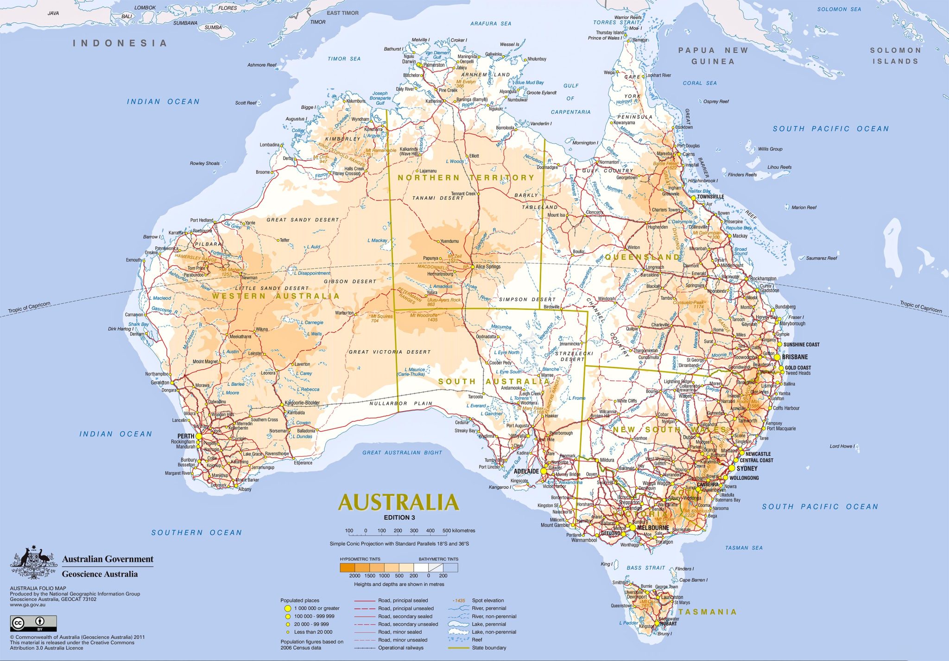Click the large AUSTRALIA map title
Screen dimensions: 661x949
399,502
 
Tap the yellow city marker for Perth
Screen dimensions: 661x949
199,436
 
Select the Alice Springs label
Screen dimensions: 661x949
488,267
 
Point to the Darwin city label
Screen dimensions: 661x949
409,62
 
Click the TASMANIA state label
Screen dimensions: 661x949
707,612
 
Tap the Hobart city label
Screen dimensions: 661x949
669,623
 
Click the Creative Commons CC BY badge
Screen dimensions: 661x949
33,623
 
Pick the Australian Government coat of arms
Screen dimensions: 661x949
33,562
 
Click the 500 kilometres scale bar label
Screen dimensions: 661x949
458,530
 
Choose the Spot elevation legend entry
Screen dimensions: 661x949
487,600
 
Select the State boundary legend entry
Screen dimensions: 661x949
489,648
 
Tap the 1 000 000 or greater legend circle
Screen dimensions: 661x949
288,608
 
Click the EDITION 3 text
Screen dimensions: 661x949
399,517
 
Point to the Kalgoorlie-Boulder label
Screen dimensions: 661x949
302,403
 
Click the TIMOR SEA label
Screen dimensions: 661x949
344,59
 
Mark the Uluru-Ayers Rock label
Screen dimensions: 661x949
444,300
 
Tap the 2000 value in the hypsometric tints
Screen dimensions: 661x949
354,576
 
